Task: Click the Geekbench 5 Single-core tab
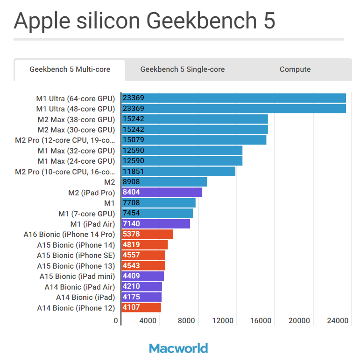[x=182, y=69]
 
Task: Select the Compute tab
[x=295, y=69]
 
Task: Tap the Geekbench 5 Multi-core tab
[x=70, y=69]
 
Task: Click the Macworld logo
[x=179, y=348]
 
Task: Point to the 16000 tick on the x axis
[x=261, y=321]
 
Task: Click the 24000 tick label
[x=337, y=321]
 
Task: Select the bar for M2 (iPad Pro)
[x=162, y=192]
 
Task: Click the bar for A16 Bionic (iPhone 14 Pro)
[x=147, y=234]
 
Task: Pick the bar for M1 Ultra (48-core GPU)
[x=233, y=109]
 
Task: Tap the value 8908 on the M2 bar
[x=131, y=182]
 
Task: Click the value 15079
[x=133, y=140]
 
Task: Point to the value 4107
[x=131, y=308]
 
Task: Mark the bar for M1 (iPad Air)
[x=155, y=224]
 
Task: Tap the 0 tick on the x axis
[x=116, y=321]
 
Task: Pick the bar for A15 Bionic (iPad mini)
[x=142, y=276]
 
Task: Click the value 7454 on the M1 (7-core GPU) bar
[x=131, y=213]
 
